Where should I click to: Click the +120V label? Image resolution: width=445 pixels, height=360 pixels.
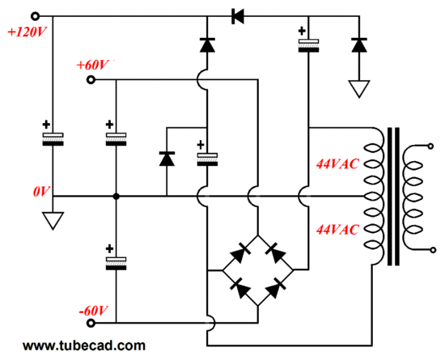coord(27,32)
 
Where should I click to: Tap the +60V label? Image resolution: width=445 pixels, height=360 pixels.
coord(92,66)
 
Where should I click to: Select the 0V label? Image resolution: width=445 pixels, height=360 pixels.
coord(41,192)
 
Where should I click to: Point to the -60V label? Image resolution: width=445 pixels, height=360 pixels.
coord(93,311)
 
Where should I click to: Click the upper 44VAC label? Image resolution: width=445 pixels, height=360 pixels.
coord(337,164)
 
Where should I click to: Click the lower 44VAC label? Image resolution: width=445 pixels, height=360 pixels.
coord(337,230)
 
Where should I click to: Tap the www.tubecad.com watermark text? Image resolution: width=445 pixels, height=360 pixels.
coord(84,345)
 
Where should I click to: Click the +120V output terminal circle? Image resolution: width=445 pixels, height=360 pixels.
coord(35,16)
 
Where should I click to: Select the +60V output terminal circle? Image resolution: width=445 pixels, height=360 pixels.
coord(91,80)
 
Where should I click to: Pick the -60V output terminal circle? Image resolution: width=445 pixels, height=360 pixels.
coord(91,323)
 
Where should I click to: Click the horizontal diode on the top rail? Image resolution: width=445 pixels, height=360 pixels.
coord(238,16)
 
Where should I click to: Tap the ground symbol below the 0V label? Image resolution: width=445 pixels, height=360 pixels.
coord(53,220)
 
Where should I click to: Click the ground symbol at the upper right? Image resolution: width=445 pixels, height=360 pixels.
coord(359,89)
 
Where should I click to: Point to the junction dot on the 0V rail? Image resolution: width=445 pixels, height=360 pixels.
coord(116,196)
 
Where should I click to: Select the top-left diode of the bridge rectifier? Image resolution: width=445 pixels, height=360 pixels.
coord(240,252)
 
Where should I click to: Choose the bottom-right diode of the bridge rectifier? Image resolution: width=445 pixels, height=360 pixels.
coord(275,288)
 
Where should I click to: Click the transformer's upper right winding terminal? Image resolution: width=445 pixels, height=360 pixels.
coord(430,146)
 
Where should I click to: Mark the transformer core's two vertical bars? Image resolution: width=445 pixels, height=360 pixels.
coord(393,197)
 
